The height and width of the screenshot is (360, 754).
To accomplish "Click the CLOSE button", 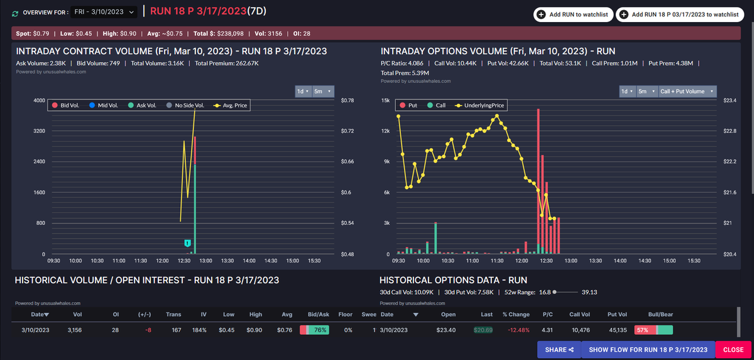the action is click(x=733, y=349).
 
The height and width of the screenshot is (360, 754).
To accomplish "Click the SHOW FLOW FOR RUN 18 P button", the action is click(x=648, y=349).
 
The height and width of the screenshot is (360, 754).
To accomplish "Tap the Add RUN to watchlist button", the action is click(x=573, y=14).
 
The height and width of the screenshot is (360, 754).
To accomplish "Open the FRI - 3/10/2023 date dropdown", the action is click(x=104, y=12).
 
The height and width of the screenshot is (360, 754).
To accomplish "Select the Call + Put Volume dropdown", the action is click(x=687, y=92).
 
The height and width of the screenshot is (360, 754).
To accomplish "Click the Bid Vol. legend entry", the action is click(x=65, y=106).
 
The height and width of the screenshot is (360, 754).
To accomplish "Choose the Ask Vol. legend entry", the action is click(x=143, y=106).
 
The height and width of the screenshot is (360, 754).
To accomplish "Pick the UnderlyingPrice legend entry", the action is click(x=479, y=106).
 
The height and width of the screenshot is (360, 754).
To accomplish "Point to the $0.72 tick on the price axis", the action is click(x=347, y=131).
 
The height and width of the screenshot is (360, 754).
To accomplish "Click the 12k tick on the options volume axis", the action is click(x=386, y=131).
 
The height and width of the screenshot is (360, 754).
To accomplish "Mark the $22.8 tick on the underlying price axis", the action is click(x=729, y=131).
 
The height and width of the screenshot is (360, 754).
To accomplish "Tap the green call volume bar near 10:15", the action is click(x=435, y=238).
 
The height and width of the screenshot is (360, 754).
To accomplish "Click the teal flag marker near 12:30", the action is click(x=187, y=243).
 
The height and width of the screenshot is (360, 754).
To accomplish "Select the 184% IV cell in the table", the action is click(x=199, y=330).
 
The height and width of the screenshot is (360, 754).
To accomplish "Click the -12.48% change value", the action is click(x=518, y=330).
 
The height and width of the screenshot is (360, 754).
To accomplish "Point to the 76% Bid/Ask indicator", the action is click(x=314, y=330).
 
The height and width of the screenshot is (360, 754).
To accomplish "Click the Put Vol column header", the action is click(x=617, y=314).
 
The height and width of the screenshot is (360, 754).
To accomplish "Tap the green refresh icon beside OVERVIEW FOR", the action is click(x=15, y=14).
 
